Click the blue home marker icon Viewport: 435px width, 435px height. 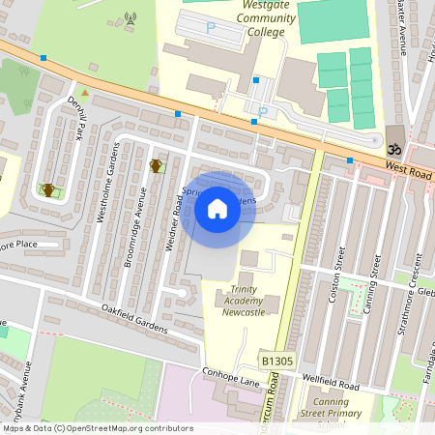pos(217,209)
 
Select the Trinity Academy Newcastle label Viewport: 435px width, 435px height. pos(245,301)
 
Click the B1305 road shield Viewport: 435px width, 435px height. pos(275,361)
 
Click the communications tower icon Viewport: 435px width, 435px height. pos(130,18)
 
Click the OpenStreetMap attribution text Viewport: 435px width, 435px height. pos(97,428)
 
